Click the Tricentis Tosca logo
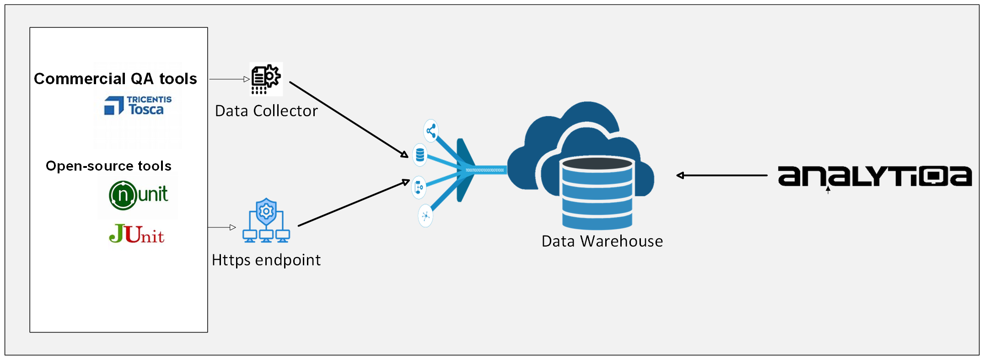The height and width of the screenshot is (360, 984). [x=138, y=106]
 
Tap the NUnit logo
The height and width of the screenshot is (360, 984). [x=138, y=195]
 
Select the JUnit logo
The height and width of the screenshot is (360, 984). [x=136, y=234]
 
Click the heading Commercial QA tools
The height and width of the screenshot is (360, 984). [x=115, y=79]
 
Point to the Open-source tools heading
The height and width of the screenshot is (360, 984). [x=108, y=166]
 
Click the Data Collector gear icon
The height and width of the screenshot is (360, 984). [x=266, y=79]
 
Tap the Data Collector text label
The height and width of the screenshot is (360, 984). [x=266, y=111]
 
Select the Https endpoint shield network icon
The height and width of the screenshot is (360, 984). [x=266, y=220]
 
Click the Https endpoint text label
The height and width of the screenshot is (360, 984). [x=266, y=260]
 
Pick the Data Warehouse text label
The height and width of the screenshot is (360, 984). [x=602, y=241]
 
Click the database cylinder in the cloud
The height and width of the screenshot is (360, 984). [x=597, y=192]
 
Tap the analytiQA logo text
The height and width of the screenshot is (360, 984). [x=874, y=177]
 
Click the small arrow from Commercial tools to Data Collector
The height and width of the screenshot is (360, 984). [x=229, y=79]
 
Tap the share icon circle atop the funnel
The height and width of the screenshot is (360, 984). [x=430, y=131]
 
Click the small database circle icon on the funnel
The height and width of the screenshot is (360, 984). [x=420, y=155]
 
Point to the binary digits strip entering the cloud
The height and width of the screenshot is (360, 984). [x=484, y=170]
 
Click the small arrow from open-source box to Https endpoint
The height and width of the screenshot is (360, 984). [x=222, y=227]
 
